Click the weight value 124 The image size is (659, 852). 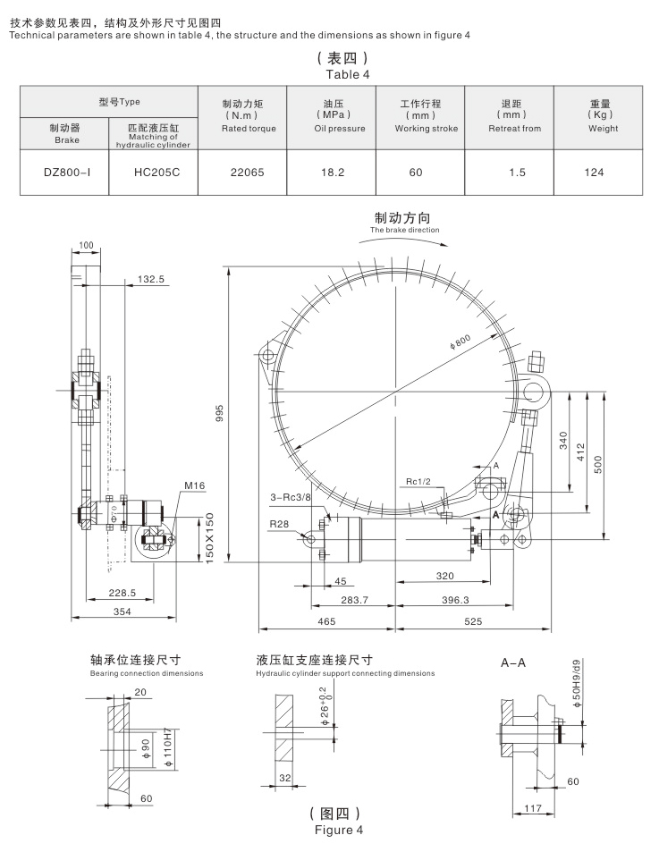[594, 172]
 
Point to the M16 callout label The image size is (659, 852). [195, 485]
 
